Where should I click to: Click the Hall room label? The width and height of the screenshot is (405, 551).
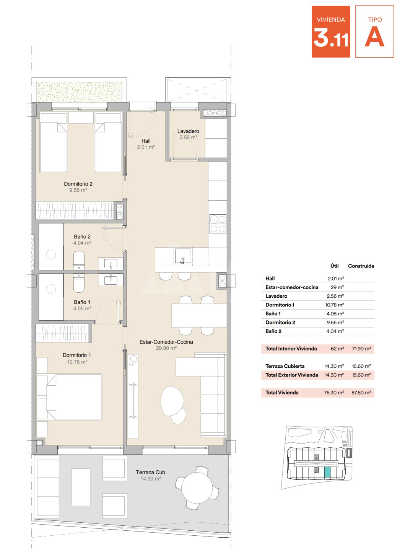(146, 141)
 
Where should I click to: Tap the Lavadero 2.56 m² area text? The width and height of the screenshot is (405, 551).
(188, 137)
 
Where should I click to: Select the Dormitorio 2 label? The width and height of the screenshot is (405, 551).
(78, 184)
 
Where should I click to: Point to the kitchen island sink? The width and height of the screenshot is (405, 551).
(183, 256)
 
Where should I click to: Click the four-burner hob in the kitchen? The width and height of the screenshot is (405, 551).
(218, 224)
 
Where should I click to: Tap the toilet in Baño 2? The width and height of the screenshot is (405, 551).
(79, 260)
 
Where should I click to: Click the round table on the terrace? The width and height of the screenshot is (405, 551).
(197, 486)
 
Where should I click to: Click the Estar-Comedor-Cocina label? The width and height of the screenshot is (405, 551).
(166, 342)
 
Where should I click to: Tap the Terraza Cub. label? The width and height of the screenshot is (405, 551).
(151, 472)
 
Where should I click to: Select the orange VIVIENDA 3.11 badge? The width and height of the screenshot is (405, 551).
(331, 32)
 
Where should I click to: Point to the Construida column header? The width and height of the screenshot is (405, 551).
(361, 266)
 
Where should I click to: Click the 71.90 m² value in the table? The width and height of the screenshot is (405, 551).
(361, 349)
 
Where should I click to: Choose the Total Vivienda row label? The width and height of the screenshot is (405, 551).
(282, 393)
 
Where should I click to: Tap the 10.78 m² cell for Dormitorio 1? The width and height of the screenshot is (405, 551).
(334, 305)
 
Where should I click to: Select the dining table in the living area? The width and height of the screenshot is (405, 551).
(199, 316)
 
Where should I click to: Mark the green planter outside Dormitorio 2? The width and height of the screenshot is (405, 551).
(79, 92)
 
